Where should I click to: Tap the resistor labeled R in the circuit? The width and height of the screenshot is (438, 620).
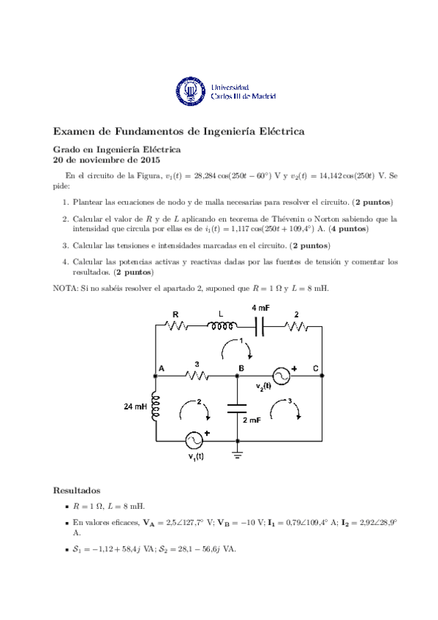(x=176, y=327)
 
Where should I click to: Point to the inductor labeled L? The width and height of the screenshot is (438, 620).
(x=222, y=327)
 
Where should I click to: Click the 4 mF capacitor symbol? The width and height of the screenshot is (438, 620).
(x=259, y=327)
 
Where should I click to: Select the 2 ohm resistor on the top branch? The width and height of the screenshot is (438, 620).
(x=296, y=327)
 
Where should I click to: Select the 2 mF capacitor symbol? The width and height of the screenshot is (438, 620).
(x=238, y=407)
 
